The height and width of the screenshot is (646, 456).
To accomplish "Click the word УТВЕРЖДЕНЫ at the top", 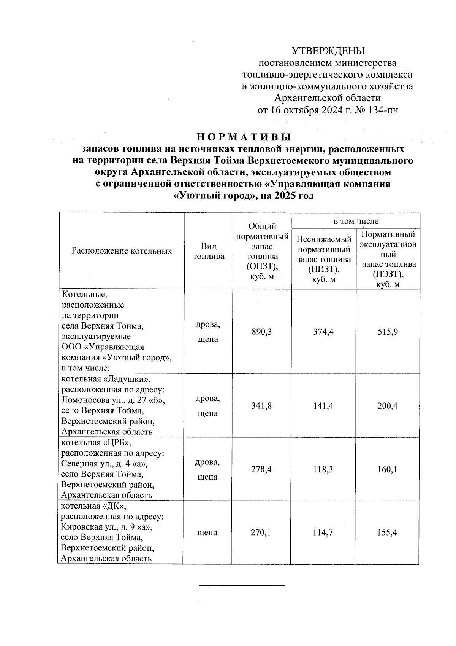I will tap(328, 51).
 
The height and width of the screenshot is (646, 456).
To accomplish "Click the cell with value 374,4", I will tap(323, 332).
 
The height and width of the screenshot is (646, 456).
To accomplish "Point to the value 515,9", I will tap(387, 332).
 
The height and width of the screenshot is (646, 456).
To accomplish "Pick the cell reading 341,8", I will tap(261, 406).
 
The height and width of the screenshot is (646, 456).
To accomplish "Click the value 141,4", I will tap(323, 406).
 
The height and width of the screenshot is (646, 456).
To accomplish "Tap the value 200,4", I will tap(387, 406).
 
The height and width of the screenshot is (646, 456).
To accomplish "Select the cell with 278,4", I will tap(261, 469).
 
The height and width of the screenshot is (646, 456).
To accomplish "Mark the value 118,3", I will tap(323, 469).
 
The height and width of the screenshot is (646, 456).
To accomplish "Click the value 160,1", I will tap(387, 469).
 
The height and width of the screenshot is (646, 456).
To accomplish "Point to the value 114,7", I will tap(323, 533).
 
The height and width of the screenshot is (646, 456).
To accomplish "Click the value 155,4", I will tap(387, 533).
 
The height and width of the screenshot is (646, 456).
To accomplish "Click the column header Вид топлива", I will tap(208, 252).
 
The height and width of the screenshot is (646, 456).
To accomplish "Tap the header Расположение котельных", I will tap(122, 251).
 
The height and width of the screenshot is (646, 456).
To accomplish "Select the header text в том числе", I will tap(356, 221).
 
